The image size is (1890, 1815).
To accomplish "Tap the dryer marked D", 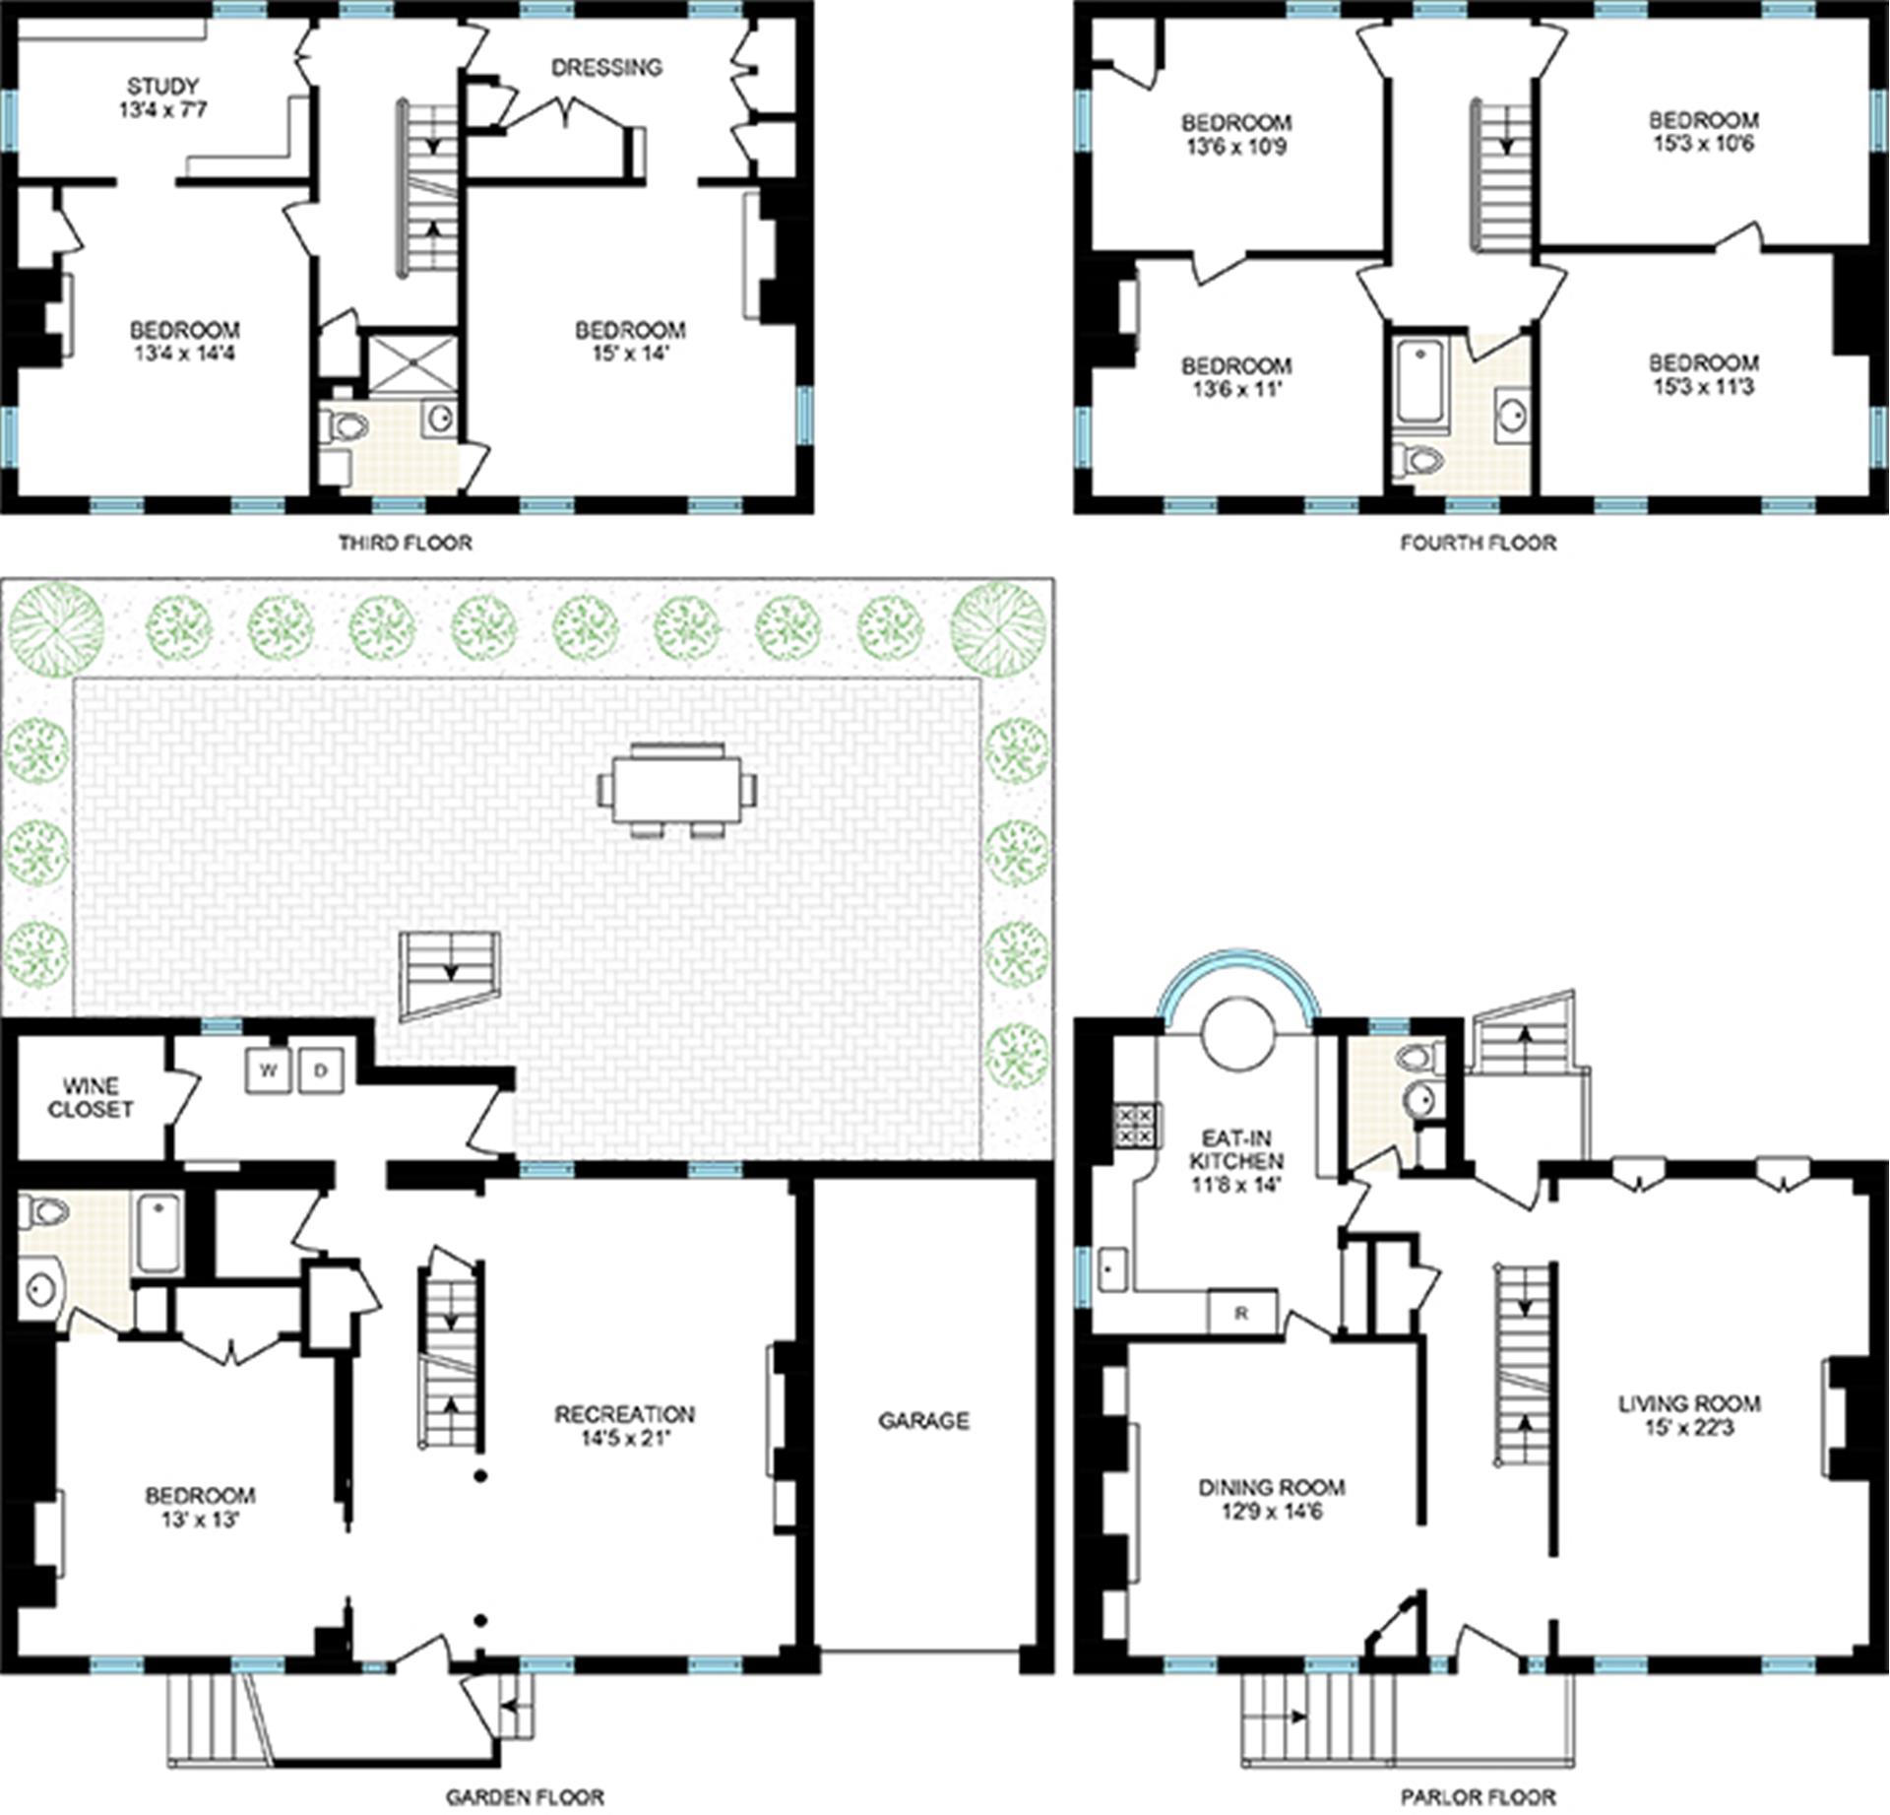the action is click(x=320, y=1070).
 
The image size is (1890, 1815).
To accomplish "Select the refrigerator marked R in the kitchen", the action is click(x=1241, y=1313).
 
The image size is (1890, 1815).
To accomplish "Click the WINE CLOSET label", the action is click(x=91, y=1097).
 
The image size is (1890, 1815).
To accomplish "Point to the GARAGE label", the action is click(x=923, y=1420).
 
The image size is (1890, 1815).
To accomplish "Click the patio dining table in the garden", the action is click(x=677, y=790).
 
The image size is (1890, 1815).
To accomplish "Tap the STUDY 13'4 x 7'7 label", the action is click(x=163, y=97).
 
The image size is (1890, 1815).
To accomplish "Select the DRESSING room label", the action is click(x=606, y=68).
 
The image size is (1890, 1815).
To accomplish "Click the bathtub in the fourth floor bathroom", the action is click(x=1420, y=381).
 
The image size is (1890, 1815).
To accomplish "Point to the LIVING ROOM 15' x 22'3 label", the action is click(x=1689, y=1415).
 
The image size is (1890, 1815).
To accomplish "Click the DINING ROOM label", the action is click(x=1272, y=1488).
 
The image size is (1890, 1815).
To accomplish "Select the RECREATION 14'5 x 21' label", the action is click(x=624, y=1426).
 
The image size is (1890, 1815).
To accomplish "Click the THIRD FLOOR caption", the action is click(x=406, y=543).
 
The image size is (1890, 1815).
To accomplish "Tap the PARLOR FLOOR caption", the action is click(x=1480, y=1797).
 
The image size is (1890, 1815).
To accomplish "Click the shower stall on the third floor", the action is click(x=411, y=364).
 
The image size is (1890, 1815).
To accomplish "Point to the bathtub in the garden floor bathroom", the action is click(x=158, y=1232).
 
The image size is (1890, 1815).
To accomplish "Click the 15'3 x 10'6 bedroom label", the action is click(x=1704, y=132).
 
